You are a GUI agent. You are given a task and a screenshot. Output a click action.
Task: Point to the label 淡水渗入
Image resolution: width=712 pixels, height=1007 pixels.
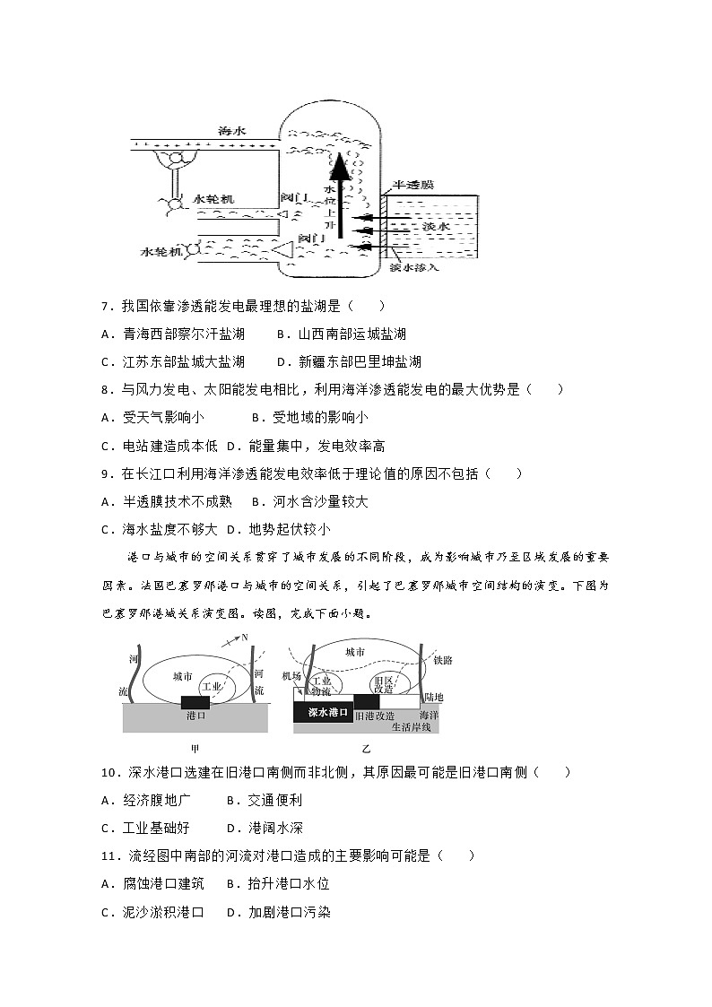coord(415,267)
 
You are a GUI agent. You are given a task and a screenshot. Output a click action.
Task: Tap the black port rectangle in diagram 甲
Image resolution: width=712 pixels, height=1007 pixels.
coord(196,702)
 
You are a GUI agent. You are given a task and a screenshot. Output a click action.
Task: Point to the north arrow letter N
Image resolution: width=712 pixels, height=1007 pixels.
coord(244,638)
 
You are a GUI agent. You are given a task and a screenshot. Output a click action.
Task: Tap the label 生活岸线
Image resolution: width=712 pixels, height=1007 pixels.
coord(411,727)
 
